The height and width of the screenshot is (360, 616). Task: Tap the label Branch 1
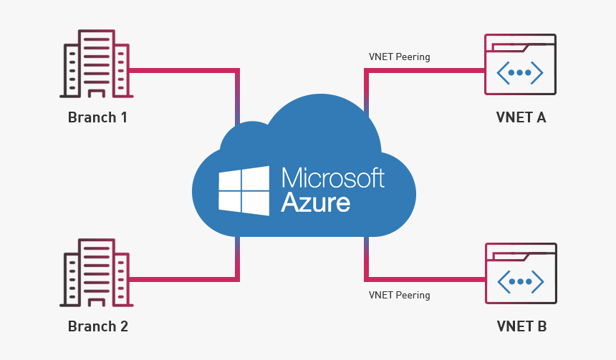coord(97,117)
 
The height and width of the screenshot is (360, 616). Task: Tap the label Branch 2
coord(97,326)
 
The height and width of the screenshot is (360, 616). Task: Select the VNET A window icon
coord(521,64)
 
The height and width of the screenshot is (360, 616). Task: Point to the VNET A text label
coord(521,117)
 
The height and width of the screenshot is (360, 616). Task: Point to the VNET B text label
coord(521,326)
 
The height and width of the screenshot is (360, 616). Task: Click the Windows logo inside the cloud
coord(244,190)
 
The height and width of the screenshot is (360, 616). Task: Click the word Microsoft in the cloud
coord(332,178)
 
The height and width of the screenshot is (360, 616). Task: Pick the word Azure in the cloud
coord(315,203)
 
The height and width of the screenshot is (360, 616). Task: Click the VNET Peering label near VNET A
coord(399,57)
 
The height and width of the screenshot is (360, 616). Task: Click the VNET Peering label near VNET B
coord(399,295)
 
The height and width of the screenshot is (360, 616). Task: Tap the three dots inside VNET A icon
coord(521,72)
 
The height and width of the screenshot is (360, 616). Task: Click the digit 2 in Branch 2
coord(123,326)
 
